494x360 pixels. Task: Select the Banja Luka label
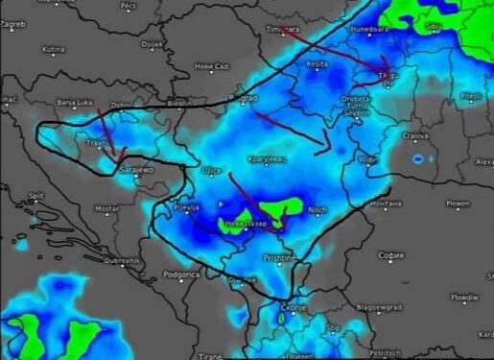pos(73,102)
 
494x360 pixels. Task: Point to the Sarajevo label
pos(135,170)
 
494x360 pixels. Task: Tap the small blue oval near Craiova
pos(417,157)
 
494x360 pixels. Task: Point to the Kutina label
pos(54,48)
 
